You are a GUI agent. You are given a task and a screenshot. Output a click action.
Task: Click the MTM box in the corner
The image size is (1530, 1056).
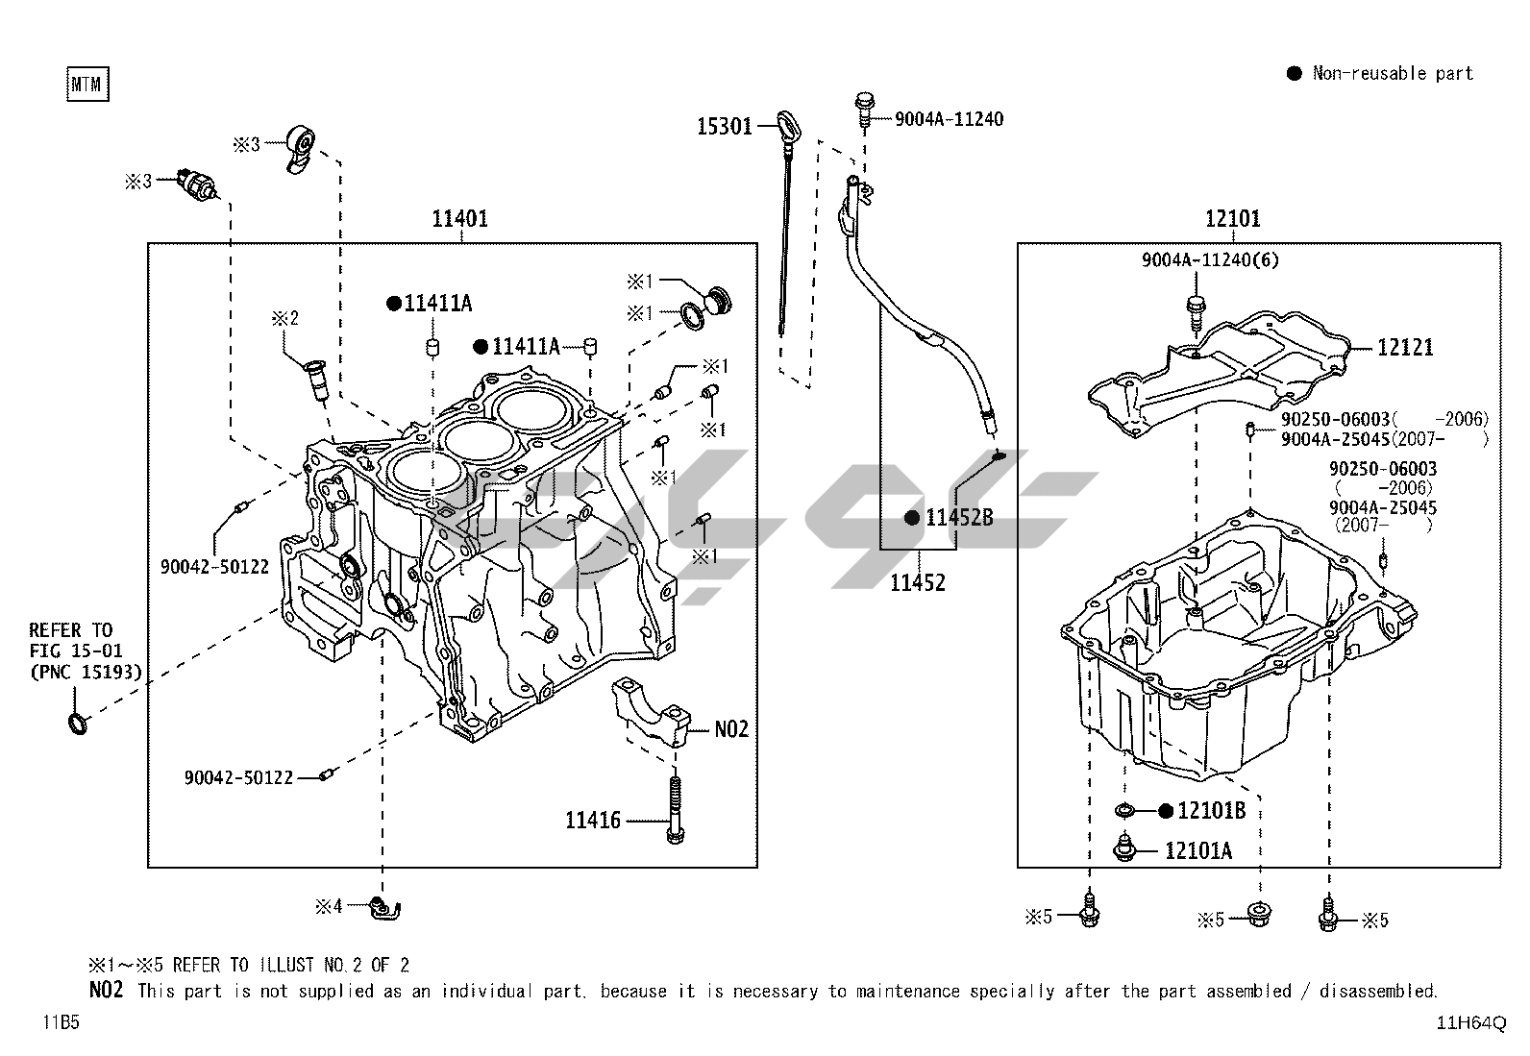click(87, 85)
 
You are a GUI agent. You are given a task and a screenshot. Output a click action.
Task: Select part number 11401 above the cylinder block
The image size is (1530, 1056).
click(459, 218)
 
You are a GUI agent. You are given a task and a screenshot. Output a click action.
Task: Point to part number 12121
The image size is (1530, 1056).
click(1404, 347)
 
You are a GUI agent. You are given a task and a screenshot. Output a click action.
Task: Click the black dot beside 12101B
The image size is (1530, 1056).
click(1165, 812)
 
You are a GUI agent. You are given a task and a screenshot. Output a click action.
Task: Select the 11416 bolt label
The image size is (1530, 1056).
click(593, 821)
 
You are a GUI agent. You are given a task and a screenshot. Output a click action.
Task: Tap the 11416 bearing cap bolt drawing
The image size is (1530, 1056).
click(676, 807)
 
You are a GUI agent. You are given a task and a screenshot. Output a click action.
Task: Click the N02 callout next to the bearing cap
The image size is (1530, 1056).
click(730, 729)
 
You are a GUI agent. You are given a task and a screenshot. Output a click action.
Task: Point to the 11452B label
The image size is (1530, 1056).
click(959, 518)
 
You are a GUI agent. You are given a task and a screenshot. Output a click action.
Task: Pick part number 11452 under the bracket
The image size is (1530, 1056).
click(917, 582)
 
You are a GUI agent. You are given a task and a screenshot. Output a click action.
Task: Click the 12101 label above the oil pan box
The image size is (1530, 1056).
click(1232, 218)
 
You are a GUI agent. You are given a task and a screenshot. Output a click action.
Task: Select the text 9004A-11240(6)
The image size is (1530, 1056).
click(1210, 259)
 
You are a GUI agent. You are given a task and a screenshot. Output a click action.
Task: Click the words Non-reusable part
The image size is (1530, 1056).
click(1393, 73)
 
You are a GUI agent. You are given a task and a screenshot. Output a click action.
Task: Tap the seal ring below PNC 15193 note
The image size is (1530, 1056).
click(78, 722)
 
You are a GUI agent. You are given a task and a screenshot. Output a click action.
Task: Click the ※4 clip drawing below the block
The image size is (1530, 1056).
click(386, 906)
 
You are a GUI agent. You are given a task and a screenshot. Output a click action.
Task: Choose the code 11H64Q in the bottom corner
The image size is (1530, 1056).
click(1471, 1023)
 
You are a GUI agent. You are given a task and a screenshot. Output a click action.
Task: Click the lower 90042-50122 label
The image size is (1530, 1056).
click(238, 777)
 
